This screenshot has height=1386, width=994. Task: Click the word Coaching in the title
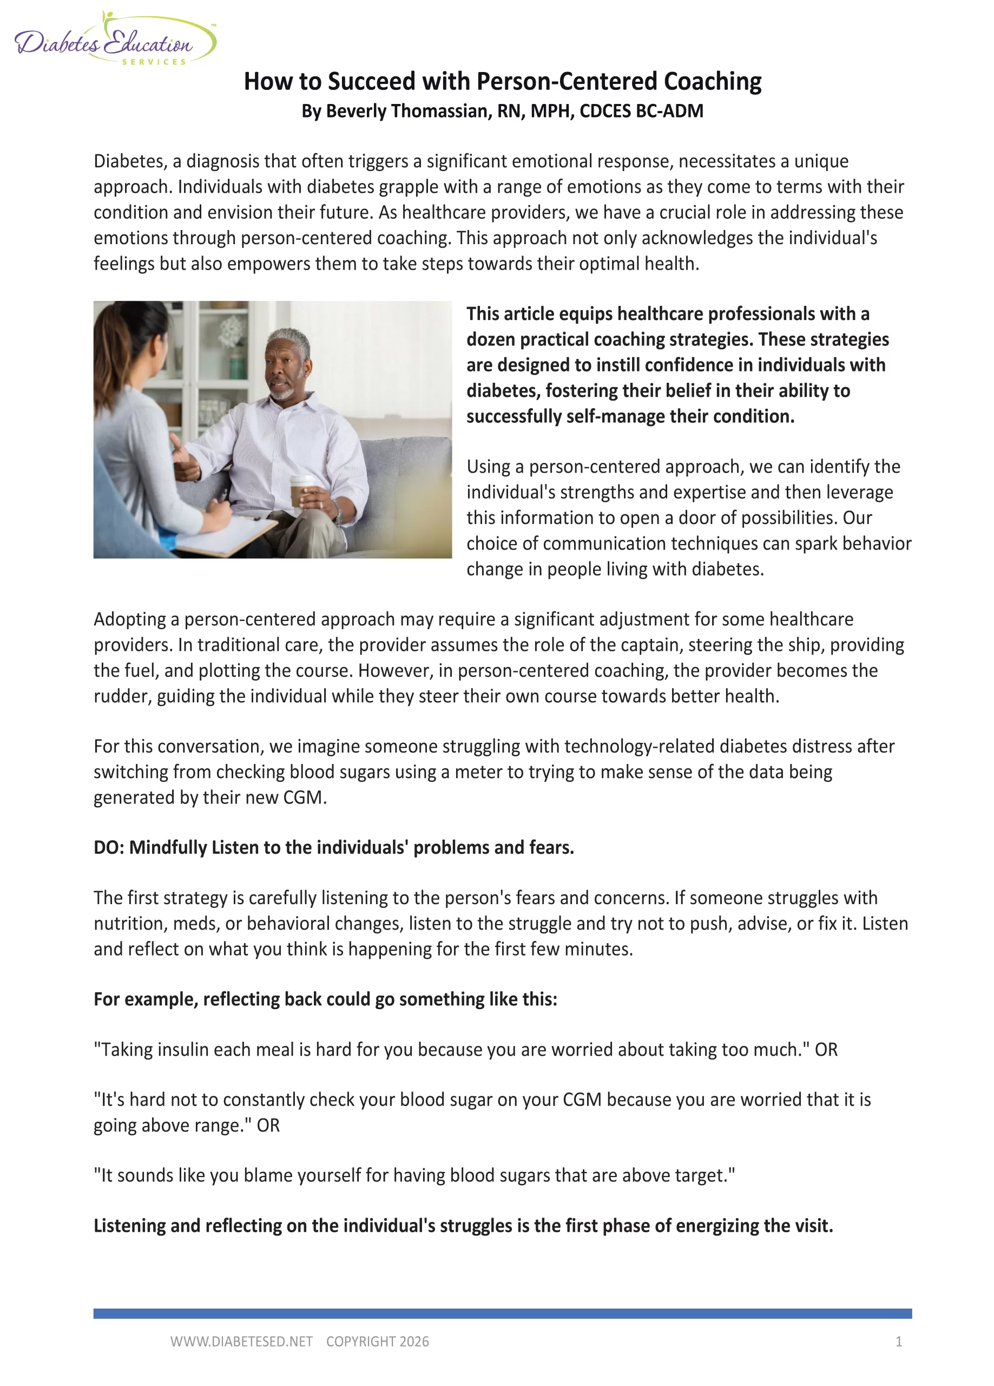point(712,81)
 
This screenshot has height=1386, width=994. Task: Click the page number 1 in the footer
point(898,1342)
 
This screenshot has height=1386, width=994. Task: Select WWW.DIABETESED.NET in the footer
point(241,1342)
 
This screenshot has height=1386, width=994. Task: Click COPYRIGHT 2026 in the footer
point(377,1342)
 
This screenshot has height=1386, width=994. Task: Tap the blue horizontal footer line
point(502,1313)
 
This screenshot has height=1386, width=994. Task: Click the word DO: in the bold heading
point(108,847)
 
